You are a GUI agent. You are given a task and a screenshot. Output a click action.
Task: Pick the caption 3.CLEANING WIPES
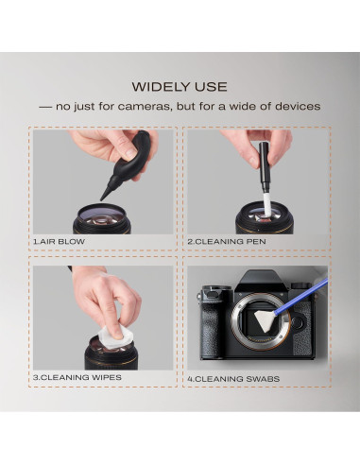click(x=77, y=378)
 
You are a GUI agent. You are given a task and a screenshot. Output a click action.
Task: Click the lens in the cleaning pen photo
click(x=255, y=213)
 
